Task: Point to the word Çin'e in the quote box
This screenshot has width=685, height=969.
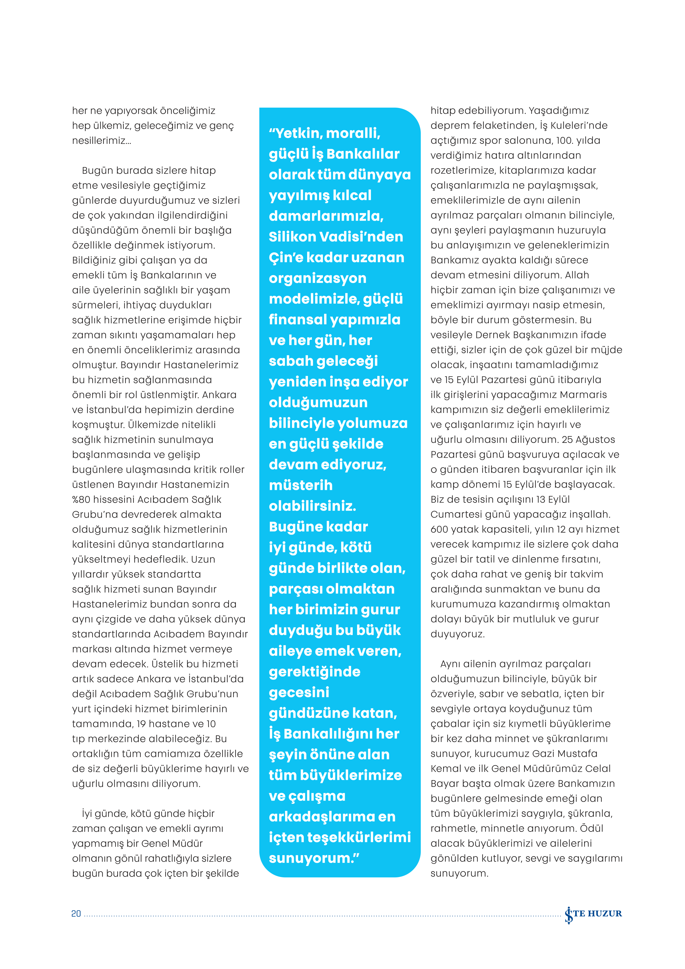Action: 286,257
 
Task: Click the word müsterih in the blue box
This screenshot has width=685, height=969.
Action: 301,485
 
